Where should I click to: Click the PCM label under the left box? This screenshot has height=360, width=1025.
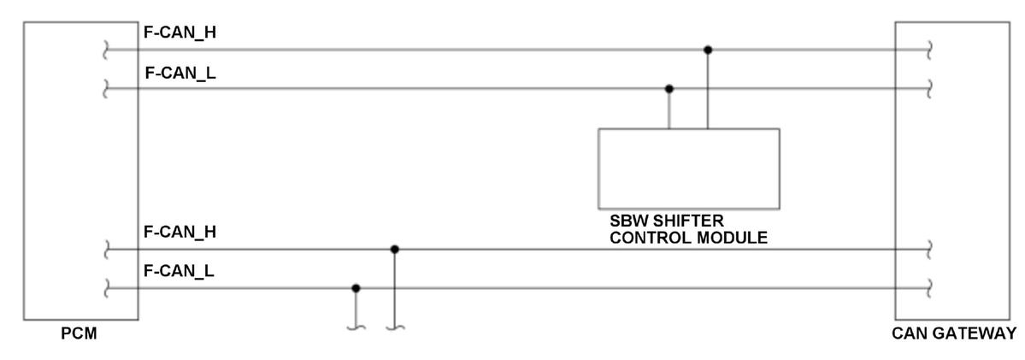pyautogui.click(x=79, y=333)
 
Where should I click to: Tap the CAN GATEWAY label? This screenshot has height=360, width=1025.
pyautogui.click(x=953, y=333)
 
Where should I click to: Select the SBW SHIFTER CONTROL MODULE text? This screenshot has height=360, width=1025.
pyautogui.click(x=688, y=229)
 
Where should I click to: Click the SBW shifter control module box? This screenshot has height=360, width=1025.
pyautogui.click(x=688, y=168)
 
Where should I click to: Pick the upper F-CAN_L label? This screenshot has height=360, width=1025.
pyautogui.click(x=180, y=74)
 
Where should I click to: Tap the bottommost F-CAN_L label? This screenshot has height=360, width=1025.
pyautogui.click(x=180, y=272)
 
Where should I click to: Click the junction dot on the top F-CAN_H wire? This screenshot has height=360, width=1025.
pyautogui.click(x=708, y=50)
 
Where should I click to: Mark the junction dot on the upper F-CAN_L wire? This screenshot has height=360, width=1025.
pyautogui.click(x=669, y=88)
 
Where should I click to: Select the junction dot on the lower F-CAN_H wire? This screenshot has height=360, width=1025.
pyautogui.click(x=394, y=249)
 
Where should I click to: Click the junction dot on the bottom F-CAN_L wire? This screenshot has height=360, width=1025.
pyautogui.click(x=356, y=288)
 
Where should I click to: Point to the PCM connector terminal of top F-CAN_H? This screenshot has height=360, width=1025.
pyautogui.click(x=105, y=50)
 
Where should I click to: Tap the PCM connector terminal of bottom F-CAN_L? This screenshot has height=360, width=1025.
pyautogui.click(x=105, y=289)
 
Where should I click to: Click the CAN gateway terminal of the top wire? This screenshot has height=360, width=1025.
pyautogui.click(x=929, y=50)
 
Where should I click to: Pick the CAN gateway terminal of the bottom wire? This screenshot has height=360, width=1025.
pyautogui.click(x=929, y=289)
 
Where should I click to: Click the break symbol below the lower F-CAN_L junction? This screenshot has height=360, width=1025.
pyautogui.click(x=356, y=326)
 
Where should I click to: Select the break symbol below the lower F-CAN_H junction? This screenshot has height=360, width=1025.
pyautogui.click(x=394, y=326)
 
